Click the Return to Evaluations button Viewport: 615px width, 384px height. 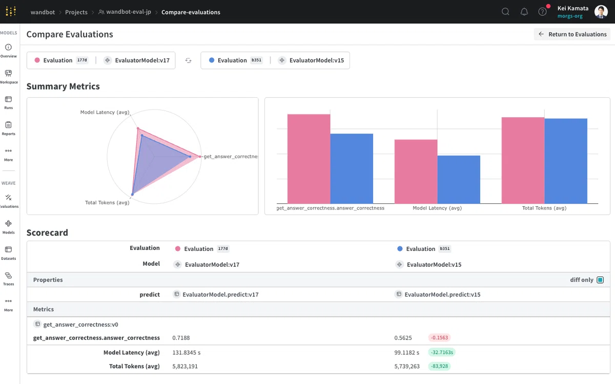tap(572, 34)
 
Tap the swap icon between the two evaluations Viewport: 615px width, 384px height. tap(188, 60)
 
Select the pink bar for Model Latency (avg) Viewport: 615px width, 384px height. tap(416, 172)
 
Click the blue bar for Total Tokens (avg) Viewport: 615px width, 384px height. tap(566, 161)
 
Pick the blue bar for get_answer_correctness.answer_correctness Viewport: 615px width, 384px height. tap(352, 168)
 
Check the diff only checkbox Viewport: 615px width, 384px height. tap(600, 280)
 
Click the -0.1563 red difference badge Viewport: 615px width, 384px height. tap(439, 337)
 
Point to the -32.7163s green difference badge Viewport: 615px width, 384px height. tap(442, 352)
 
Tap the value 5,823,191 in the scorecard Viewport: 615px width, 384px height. tap(185, 366)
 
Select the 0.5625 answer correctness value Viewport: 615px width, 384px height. tap(403, 337)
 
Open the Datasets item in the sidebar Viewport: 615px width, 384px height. tap(9, 253)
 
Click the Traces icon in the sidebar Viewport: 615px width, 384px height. tap(8, 275)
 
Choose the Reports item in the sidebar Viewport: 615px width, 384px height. tap(9, 129)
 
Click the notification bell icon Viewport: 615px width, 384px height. tap(524, 12)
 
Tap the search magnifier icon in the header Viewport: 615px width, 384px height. tap(505, 12)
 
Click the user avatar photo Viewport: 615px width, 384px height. tap(601, 12)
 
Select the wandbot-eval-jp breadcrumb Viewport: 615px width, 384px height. tap(129, 12)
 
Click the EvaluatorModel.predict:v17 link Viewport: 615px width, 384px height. tap(220, 294)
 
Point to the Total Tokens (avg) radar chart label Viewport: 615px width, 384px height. tap(107, 202)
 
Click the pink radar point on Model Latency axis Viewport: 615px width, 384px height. tap(138, 129)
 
